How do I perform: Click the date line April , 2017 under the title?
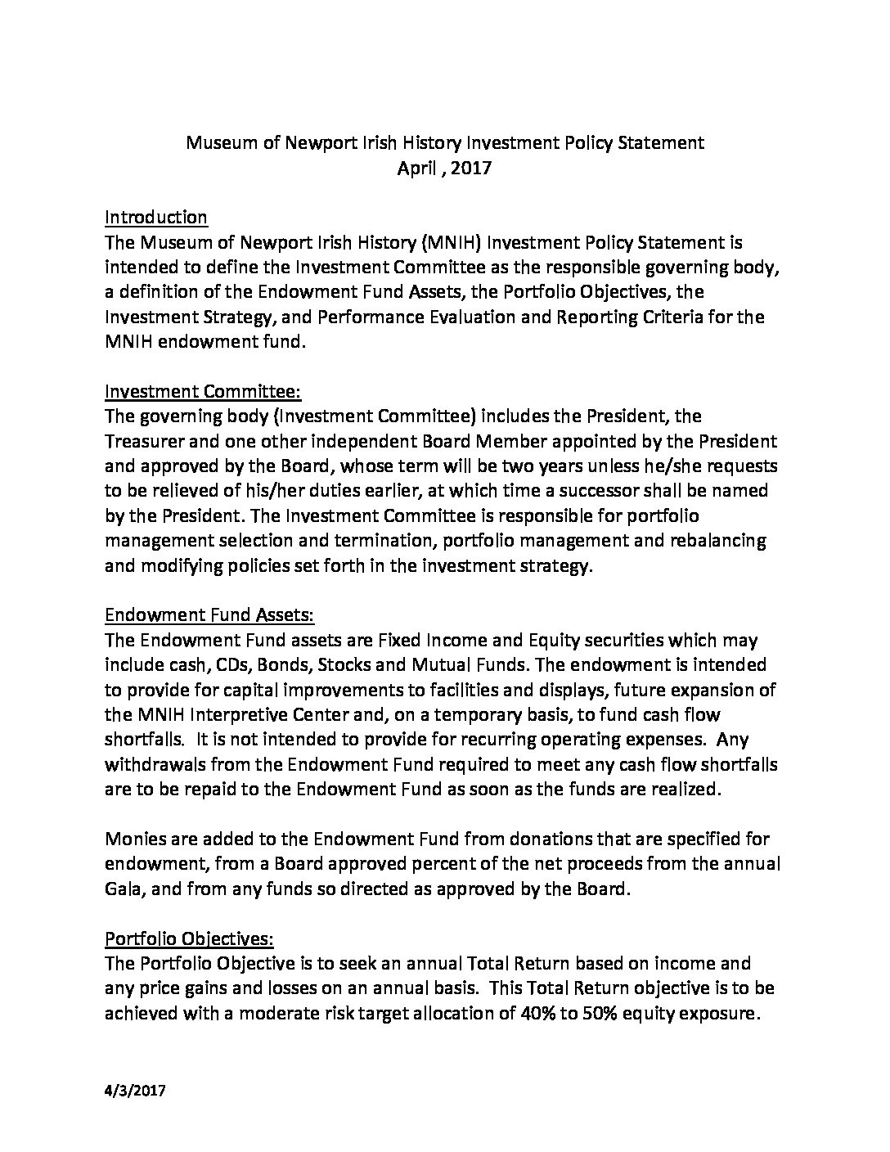coord(444,169)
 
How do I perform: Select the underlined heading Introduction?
coord(155,218)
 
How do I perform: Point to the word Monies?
coord(137,839)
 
